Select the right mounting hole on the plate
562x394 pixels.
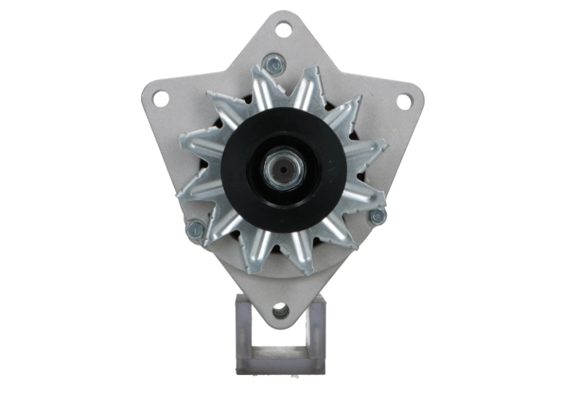(x=403, y=102)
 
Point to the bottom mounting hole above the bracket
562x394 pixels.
(x=280, y=312)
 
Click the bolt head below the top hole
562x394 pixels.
(x=274, y=64)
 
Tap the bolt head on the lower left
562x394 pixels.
(x=195, y=231)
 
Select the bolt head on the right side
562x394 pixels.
(x=377, y=216)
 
